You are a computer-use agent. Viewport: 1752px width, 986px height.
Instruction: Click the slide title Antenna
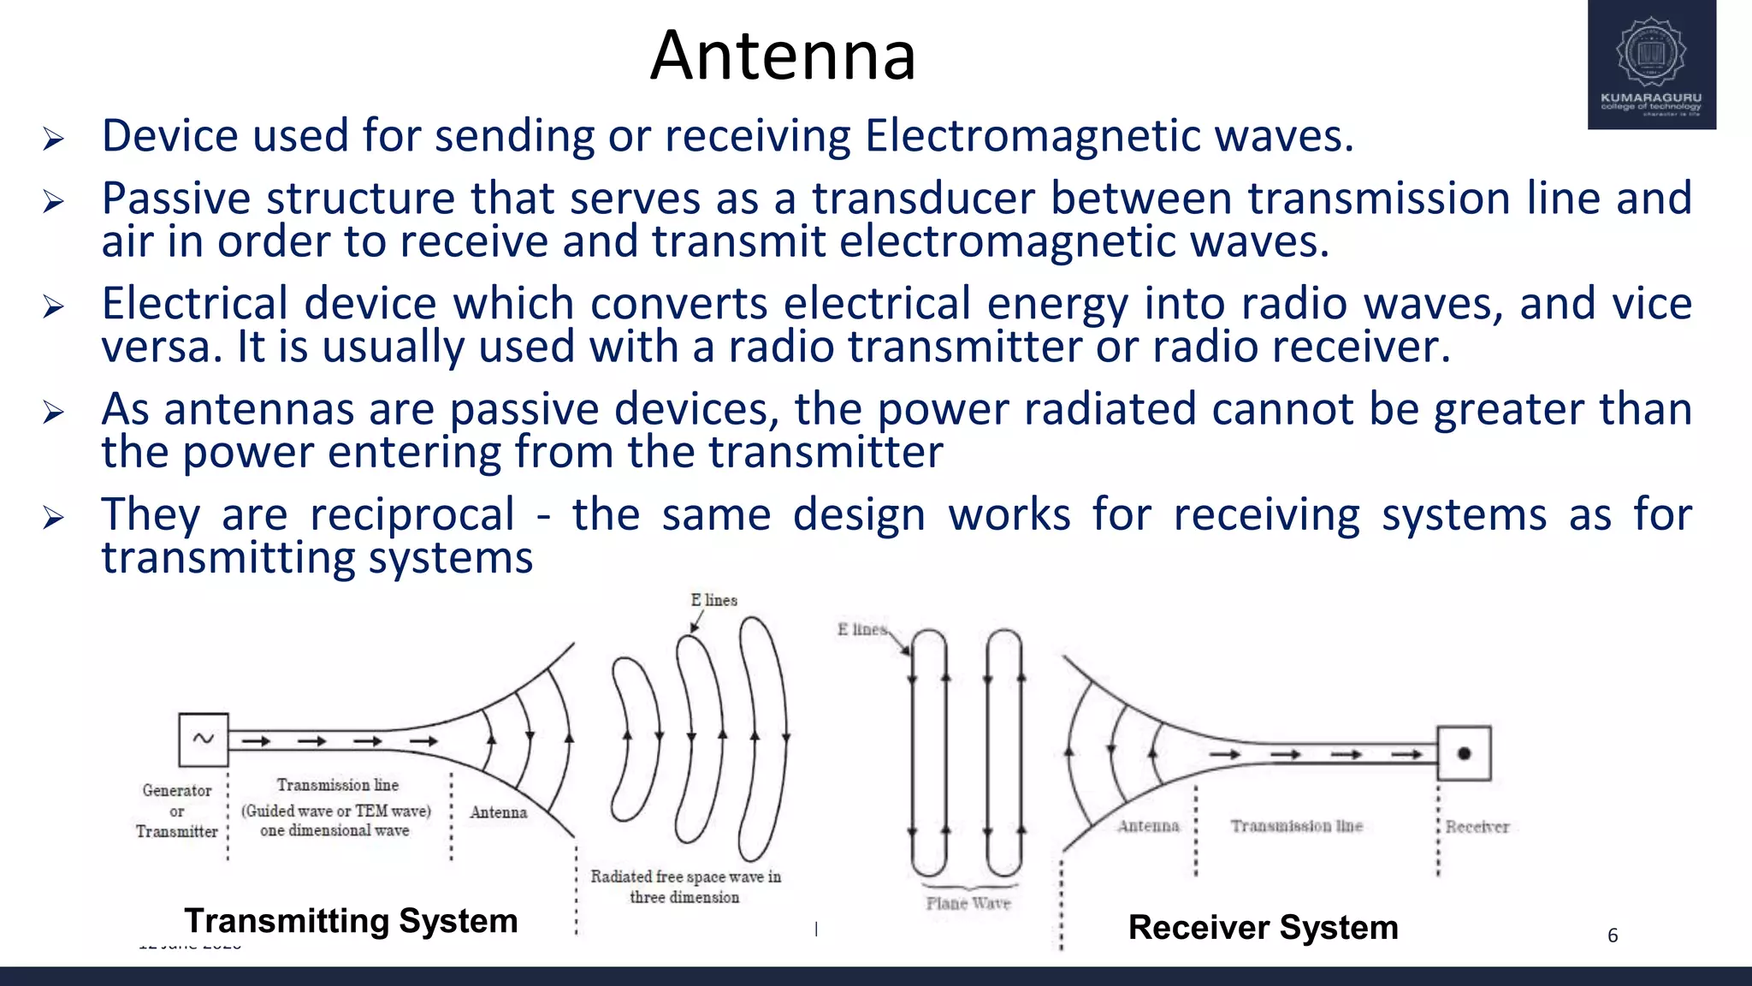(x=783, y=56)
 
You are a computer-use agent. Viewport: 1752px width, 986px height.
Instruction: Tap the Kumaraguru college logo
(x=1651, y=65)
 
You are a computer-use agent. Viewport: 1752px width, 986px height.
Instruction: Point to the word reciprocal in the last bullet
(x=412, y=514)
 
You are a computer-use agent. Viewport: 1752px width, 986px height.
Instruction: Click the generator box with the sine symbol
(x=204, y=739)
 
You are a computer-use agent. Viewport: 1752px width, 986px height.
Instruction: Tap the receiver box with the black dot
(x=1464, y=753)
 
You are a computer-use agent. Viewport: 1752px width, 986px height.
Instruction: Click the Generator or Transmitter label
(x=177, y=811)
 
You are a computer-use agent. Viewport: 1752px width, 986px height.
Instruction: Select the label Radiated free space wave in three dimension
(x=685, y=886)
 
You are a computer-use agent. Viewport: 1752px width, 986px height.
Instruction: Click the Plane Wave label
(x=968, y=903)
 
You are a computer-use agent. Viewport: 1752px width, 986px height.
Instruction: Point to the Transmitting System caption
(x=351, y=921)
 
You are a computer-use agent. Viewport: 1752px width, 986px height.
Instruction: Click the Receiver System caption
(x=1263, y=928)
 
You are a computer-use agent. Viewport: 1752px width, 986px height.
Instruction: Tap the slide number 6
(x=1613, y=936)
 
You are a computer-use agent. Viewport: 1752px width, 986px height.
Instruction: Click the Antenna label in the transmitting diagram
(x=498, y=812)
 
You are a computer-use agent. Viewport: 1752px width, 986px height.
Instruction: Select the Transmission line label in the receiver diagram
(x=1296, y=826)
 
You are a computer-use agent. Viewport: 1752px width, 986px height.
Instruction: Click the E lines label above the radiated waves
(x=713, y=600)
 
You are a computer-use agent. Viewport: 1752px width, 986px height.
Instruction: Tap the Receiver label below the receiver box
(x=1477, y=827)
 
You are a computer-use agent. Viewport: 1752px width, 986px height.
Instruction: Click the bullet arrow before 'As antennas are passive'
(x=53, y=413)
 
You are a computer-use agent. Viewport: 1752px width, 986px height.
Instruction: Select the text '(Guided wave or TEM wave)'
(x=336, y=811)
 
